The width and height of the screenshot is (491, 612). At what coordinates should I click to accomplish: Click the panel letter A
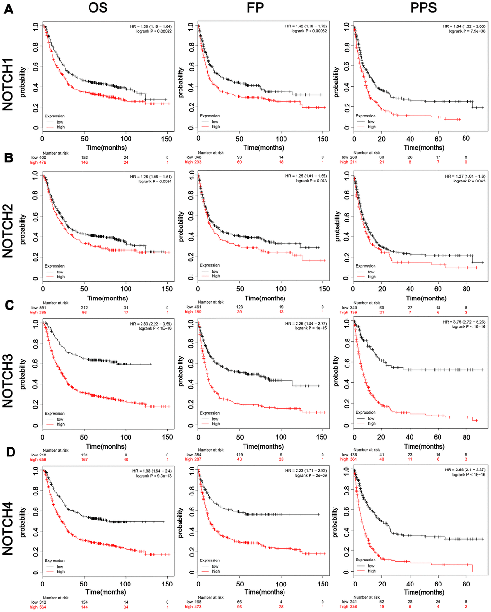pyautogui.click(x=8, y=9)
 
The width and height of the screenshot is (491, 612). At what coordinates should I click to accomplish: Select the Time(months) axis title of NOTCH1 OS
pyautogui.click(x=107, y=148)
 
